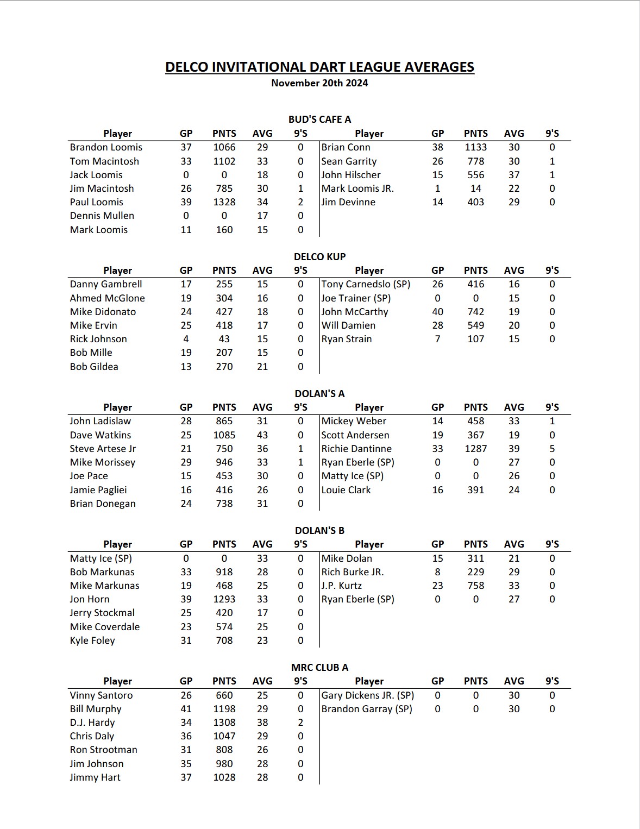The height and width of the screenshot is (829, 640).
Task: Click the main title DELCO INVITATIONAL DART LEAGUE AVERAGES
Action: click(319, 67)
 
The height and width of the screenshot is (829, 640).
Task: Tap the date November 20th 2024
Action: click(319, 83)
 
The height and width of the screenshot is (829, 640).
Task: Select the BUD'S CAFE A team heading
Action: click(319, 120)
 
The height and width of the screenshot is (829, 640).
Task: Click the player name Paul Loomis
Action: click(97, 202)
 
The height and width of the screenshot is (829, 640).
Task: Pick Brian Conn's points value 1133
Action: click(475, 147)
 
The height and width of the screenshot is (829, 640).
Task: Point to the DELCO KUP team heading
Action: click(319, 256)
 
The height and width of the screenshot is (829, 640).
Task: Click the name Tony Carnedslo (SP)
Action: click(366, 284)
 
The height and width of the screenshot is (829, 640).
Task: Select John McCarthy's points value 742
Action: click(475, 312)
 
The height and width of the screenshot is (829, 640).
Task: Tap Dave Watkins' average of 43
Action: click(262, 435)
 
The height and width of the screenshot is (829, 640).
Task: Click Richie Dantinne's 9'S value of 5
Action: click(552, 449)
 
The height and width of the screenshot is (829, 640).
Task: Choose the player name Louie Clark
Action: click(346, 490)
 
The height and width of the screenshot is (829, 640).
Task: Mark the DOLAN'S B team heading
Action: click(319, 530)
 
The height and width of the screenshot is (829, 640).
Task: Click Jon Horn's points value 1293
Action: click(224, 599)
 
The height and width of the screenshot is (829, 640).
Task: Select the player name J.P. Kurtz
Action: click(342, 586)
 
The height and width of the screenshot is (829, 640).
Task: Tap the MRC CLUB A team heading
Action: click(319, 667)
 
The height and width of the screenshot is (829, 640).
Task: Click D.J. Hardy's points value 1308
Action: click(224, 723)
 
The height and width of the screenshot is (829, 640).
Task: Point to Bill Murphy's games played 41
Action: click(186, 709)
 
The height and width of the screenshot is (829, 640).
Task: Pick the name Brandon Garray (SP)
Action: click(367, 709)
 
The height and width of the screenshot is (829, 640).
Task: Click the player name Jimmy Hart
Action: click(95, 777)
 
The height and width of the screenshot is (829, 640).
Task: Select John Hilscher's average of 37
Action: click(514, 175)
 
